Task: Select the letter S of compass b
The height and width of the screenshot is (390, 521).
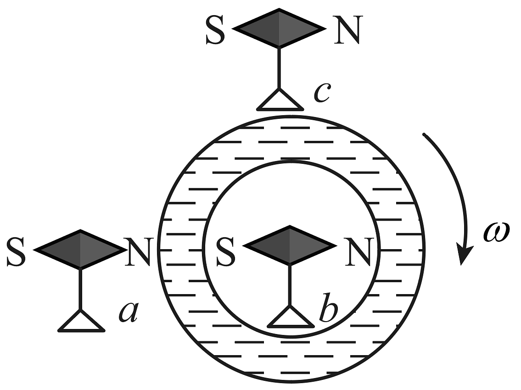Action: [225, 251]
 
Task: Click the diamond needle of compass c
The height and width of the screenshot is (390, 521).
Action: [280, 28]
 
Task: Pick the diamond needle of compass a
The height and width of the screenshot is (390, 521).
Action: [80, 249]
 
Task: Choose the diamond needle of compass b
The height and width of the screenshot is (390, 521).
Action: [289, 245]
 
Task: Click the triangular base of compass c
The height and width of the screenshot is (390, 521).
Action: [280, 100]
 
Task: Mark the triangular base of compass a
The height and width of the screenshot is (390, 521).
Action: [81, 321]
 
